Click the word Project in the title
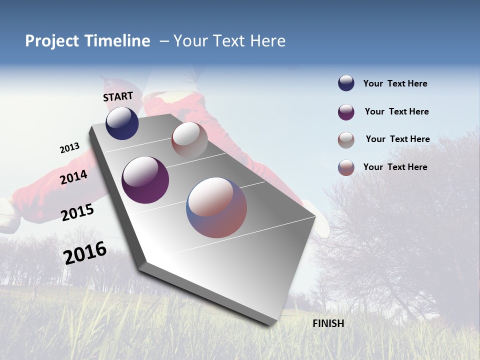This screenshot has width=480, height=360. tap(52, 41)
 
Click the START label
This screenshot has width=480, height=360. tap(118, 96)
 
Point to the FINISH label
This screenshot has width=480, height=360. tap(328, 323)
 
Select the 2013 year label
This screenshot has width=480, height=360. tap(69, 148)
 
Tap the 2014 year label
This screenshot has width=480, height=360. tap(74, 177)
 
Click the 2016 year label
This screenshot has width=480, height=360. tap(85, 253)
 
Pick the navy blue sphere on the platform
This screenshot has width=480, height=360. tap(122, 123)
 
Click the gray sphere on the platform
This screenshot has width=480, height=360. tap(189, 139)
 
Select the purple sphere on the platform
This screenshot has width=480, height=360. tap(145, 179)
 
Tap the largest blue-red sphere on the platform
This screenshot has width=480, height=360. tap(216, 207)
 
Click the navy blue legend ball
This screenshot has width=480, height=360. tap(346, 83)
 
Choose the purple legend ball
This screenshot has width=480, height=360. tap(346, 112)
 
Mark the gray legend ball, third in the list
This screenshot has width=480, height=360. tap(346, 140)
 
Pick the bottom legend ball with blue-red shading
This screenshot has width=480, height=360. tap(346, 167)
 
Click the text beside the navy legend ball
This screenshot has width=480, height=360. tap(395, 83)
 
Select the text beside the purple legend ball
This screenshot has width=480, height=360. tap(396, 111)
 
